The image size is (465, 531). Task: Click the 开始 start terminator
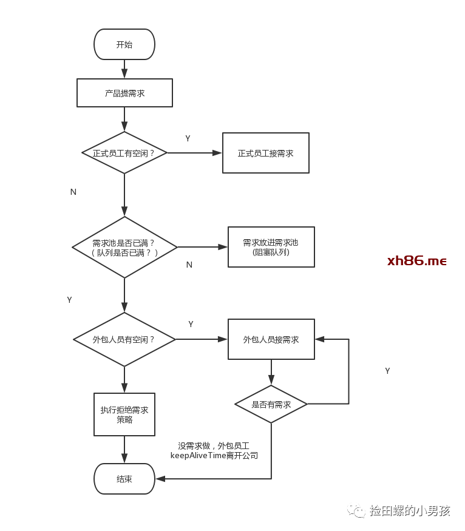click(124, 44)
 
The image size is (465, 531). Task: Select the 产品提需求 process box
click(124, 93)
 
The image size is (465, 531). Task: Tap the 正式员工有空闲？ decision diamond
click(124, 153)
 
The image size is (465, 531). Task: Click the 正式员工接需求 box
click(265, 153)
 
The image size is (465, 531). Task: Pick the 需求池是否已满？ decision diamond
click(124, 247)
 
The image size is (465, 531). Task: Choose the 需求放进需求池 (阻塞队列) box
click(271, 247)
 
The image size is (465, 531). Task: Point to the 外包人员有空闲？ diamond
click(124, 339)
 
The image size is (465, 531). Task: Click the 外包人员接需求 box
click(271, 339)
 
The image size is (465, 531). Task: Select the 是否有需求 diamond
click(271, 404)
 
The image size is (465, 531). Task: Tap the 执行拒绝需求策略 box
click(124, 414)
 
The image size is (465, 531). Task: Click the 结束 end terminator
click(124, 479)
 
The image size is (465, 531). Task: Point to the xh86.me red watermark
click(416, 261)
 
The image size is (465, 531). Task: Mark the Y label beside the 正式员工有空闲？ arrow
click(188, 138)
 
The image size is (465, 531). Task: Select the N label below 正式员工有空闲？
click(73, 192)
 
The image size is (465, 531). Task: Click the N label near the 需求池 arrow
click(189, 265)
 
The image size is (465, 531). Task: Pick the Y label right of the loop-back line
click(387, 371)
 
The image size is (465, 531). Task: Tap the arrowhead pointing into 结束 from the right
click(160, 479)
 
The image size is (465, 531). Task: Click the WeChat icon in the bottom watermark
click(356, 510)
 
